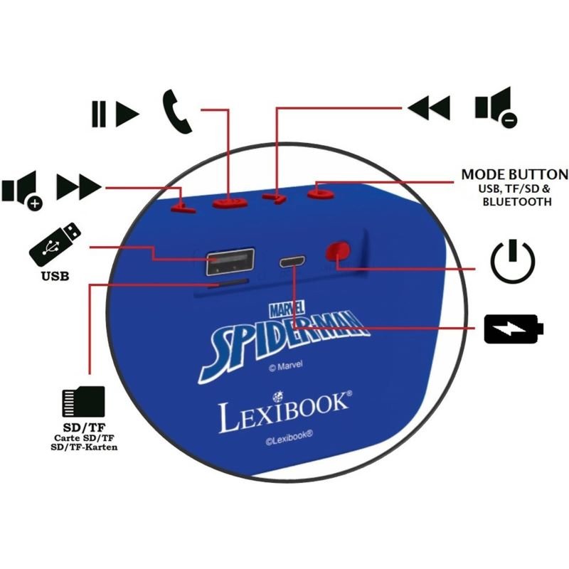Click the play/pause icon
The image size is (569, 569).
click(115, 112)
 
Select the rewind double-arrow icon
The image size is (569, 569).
click(429, 107)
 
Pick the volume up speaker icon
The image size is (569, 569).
click(22, 192)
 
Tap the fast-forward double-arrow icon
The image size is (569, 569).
click(78, 188)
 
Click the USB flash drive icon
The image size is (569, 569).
click(55, 243)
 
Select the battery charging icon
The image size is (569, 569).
click(513, 329)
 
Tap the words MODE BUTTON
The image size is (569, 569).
click(514, 174)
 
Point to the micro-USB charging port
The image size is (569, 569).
click(292, 261)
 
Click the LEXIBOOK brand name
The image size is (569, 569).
click(284, 414)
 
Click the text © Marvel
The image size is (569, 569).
click(285, 368)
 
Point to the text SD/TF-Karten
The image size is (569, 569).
click(84, 447)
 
